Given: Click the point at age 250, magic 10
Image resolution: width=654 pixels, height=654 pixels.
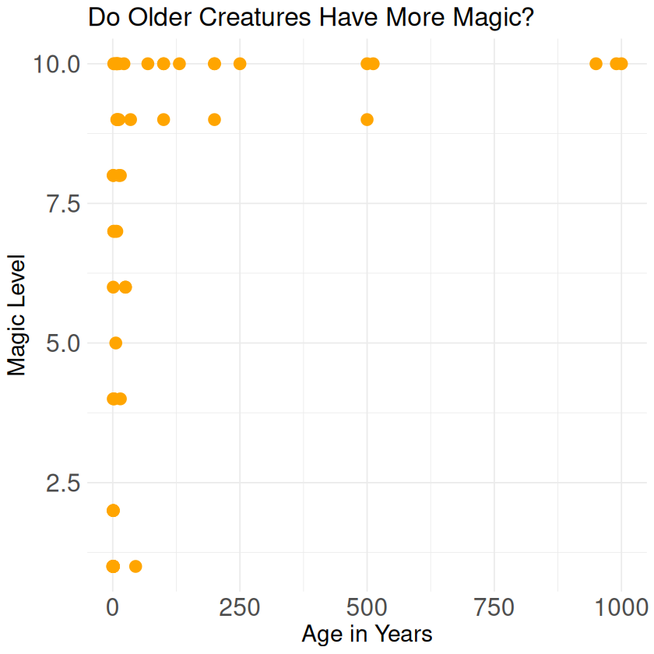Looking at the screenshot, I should [240, 64].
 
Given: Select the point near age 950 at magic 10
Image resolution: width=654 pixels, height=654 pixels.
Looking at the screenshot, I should [596, 64].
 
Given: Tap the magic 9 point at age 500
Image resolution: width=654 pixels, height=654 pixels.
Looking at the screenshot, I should [367, 120].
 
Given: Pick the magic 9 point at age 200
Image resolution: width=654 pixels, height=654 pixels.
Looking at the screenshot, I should [215, 120].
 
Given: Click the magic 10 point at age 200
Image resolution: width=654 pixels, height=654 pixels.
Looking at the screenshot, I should [215, 64].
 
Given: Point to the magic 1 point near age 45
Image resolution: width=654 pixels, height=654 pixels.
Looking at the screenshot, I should [135, 566].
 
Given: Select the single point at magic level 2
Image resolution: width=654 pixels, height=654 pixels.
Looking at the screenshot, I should [113, 511].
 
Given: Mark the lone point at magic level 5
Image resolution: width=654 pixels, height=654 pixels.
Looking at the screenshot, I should [116, 343].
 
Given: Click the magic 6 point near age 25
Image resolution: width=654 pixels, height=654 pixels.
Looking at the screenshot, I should [125, 287].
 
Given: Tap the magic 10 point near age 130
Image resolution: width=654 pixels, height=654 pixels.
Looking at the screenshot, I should [179, 64].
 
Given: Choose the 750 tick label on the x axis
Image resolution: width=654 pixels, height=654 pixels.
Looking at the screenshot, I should [494, 607].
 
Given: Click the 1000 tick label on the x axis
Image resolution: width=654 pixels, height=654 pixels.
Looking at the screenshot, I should [621, 607].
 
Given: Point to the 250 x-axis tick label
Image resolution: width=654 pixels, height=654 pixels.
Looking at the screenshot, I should [240, 607].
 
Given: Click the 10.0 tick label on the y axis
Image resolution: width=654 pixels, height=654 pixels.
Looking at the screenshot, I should [56, 64].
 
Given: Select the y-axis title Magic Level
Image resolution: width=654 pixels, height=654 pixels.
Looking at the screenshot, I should [17, 315].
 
